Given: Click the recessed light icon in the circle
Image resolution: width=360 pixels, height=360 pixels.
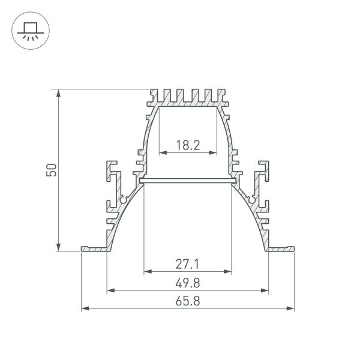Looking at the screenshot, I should click(29, 29).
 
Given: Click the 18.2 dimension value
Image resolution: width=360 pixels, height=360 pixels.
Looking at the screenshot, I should click(187, 144).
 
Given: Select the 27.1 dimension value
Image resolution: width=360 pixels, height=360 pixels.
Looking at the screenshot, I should click(187, 263).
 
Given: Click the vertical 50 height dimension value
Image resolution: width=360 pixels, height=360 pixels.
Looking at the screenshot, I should click(52, 170).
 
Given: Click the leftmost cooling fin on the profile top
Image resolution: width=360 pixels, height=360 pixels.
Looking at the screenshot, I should click(152, 95).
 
